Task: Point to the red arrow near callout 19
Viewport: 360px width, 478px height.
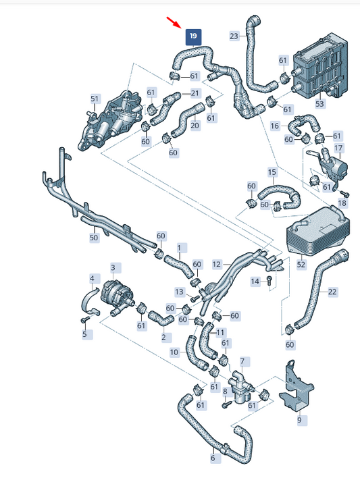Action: [x=174, y=22]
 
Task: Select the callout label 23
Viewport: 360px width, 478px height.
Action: [x=234, y=36]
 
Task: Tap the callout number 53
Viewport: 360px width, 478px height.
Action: [x=319, y=104]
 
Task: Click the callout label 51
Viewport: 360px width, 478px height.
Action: [x=95, y=99]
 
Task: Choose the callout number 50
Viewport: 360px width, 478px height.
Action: [x=94, y=238]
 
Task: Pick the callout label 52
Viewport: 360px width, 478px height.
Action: [x=301, y=264]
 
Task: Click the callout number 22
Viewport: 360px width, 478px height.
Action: [x=332, y=292]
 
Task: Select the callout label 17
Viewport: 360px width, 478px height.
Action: [x=338, y=149]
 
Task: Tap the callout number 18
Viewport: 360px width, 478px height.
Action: [x=342, y=203]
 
